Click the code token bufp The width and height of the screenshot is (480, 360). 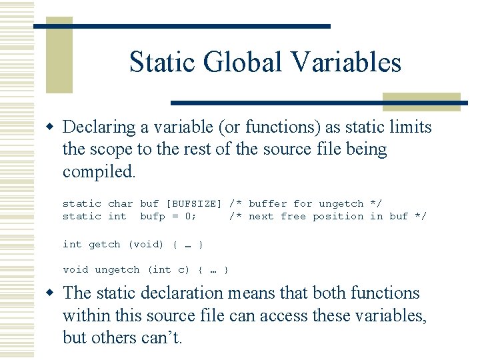(153, 216)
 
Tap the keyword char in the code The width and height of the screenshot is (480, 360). (120, 203)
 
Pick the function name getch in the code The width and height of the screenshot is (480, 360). (105, 244)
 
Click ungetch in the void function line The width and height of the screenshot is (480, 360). (117, 269)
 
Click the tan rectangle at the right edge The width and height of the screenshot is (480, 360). (421, 101)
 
